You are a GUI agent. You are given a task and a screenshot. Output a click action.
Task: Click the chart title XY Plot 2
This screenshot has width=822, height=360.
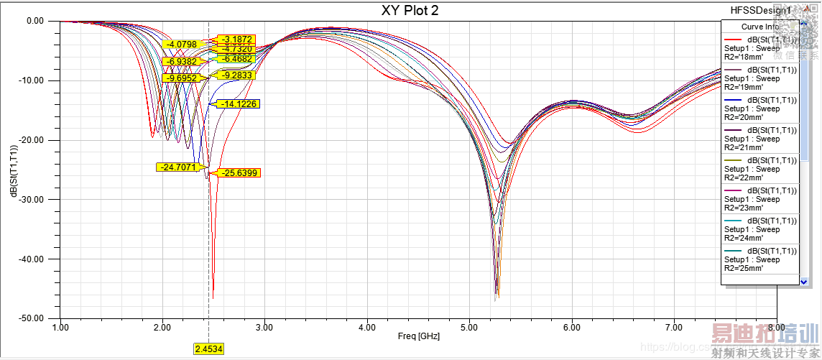coord(410,10)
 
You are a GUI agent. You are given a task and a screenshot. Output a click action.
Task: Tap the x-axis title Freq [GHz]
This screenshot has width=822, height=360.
coord(418,336)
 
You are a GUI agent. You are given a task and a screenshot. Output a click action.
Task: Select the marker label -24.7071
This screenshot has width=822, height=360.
coord(176,167)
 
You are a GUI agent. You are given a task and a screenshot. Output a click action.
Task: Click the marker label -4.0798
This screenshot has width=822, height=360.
coord(180,45)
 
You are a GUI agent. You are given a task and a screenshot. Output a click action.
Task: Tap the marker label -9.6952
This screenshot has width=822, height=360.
coord(180,78)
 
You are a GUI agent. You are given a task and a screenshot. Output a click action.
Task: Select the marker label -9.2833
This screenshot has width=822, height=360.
coord(238,75)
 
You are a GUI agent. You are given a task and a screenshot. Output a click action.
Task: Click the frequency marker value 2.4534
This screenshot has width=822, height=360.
coord(209,349)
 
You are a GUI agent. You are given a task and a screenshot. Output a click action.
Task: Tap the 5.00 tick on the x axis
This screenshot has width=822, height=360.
coord(469,327)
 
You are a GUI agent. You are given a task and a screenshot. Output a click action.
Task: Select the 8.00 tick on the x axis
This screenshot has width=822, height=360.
coord(775,327)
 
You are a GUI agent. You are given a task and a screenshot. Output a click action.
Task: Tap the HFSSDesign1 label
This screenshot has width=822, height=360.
coord(760,11)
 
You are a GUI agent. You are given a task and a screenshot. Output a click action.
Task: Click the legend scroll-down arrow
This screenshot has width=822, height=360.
coord(803,281)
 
